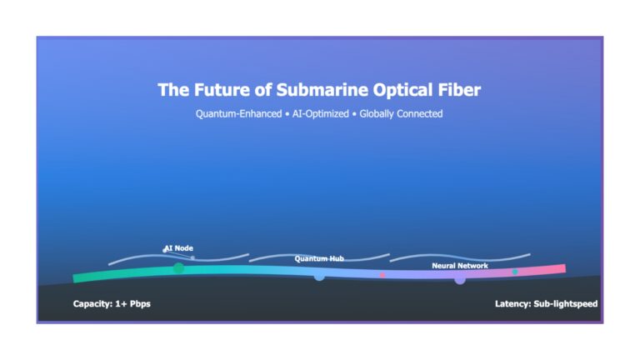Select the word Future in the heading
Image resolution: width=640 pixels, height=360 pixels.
(x=222, y=90)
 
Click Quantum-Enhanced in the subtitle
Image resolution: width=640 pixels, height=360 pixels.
(x=239, y=114)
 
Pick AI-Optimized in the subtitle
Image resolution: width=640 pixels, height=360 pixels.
(x=320, y=114)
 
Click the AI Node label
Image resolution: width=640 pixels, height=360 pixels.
(x=179, y=248)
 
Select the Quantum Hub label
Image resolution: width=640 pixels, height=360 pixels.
(x=319, y=259)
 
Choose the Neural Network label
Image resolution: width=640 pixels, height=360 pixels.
(x=460, y=266)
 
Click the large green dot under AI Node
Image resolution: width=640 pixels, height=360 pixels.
(x=179, y=268)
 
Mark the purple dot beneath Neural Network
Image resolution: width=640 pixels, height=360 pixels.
(x=460, y=279)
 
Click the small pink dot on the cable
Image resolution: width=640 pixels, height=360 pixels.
(x=382, y=275)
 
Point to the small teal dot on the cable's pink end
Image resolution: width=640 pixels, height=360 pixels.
(x=515, y=272)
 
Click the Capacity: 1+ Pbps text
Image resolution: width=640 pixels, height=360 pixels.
(x=112, y=303)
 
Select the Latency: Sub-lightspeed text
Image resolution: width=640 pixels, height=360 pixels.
(x=546, y=303)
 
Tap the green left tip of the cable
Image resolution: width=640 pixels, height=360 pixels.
(x=74, y=279)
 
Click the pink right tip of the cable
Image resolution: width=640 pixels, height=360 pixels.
(x=565, y=268)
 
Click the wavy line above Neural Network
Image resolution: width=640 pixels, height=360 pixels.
(x=460, y=257)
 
